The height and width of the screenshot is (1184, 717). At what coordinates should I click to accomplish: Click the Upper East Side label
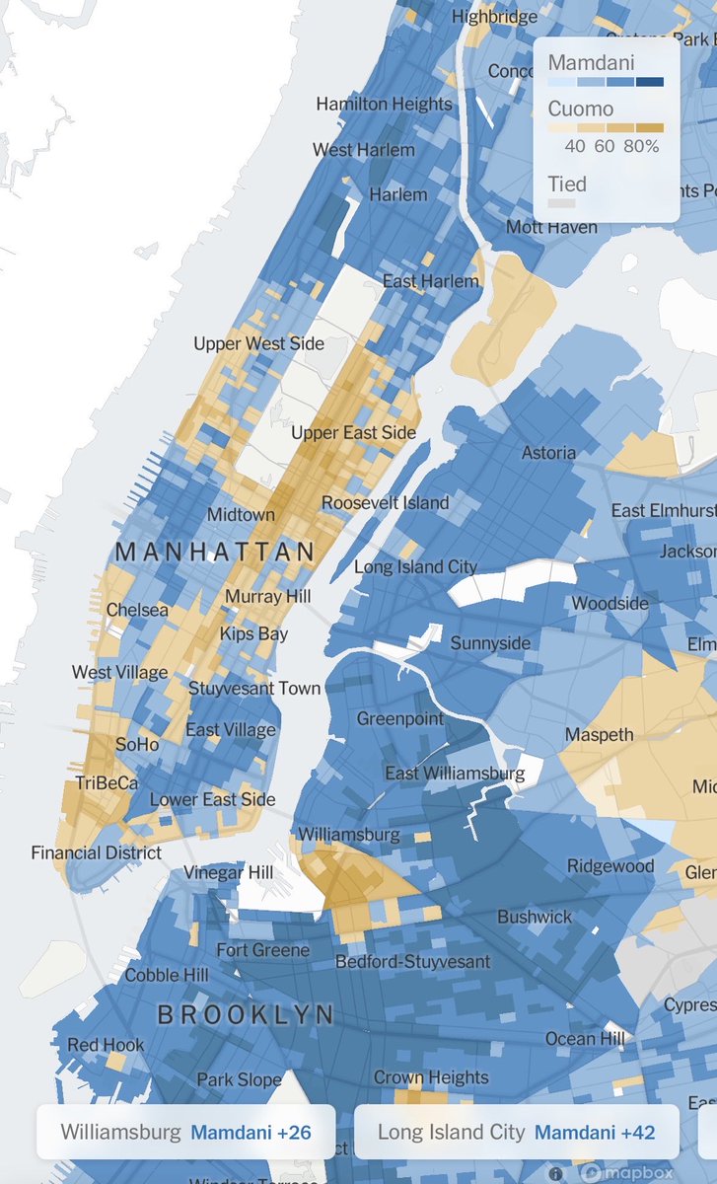(353, 432)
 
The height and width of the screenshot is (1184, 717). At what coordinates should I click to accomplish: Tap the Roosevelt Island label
(385, 502)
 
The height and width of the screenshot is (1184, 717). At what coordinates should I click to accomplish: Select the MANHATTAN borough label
(215, 552)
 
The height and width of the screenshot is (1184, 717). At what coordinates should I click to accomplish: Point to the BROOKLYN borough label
(246, 1014)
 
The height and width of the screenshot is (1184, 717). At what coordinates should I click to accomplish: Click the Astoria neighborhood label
(548, 452)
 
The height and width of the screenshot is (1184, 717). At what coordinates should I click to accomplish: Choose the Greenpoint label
(400, 718)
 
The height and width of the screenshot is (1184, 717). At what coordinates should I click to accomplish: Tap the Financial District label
(96, 851)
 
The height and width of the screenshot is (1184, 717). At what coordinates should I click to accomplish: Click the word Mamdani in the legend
(592, 62)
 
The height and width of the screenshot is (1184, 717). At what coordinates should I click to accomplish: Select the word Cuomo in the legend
(581, 109)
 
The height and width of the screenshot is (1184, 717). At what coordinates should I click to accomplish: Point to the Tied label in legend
(567, 184)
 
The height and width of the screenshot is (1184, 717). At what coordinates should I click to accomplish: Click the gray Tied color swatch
(561, 203)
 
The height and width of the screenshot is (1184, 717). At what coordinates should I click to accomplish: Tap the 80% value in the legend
(641, 147)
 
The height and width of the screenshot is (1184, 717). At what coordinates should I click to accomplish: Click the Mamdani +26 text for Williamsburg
(251, 1132)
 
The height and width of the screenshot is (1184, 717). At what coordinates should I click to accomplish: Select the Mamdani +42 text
(594, 1132)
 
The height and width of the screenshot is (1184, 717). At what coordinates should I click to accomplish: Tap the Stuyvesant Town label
(254, 688)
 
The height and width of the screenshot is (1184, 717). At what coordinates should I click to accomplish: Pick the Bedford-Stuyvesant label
(412, 960)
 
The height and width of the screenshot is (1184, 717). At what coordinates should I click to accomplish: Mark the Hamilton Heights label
(384, 104)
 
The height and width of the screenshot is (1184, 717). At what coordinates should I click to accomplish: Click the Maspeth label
(599, 734)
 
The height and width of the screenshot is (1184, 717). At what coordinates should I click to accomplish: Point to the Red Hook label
(106, 1044)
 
